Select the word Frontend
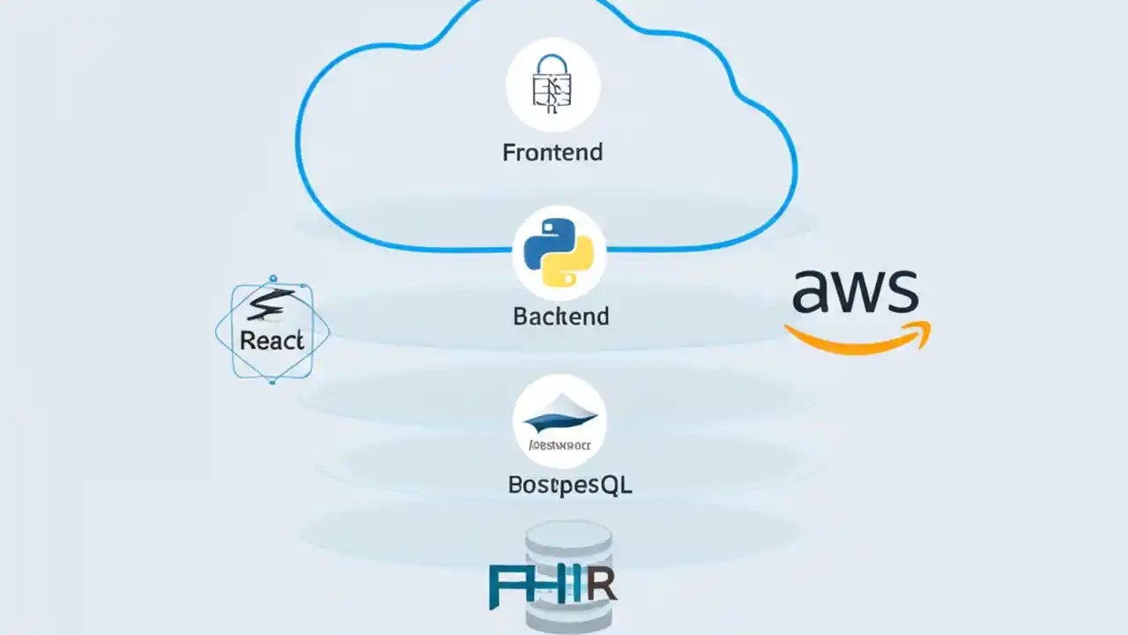[553, 153]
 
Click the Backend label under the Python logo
[560, 317]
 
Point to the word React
[271, 341]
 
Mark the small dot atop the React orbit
[273, 279]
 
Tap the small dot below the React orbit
[272, 382]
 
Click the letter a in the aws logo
[813, 293]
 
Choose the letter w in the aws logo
[856, 294]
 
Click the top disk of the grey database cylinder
[568, 534]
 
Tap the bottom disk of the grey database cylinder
[568, 622]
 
